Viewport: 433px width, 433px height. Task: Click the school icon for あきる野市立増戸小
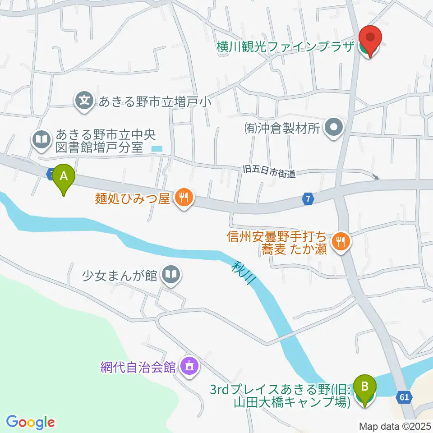pyautogui.click(x=84, y=100)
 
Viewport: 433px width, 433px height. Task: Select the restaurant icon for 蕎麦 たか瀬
pyautogui.click(x=340, y=242)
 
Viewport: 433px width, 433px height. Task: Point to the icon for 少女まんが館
pyautogui.click(x=171, y=274)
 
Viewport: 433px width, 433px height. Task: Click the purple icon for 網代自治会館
pyautogui.click(x=189, y=366)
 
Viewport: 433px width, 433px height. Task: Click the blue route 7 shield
pyautogui.click(x=308, y=198)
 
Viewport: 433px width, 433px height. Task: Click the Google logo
pyautogui.click(x=30, y=422)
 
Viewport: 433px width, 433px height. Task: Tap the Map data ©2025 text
pyautogui.click(x=396, y=426)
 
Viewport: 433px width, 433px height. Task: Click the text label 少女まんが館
pyautogui.click(x=119, y=274)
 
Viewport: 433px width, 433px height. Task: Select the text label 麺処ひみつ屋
pyautogui.click(x=132, y=198)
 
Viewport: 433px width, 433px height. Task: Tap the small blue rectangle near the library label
pyautogui.click(x=157, y=148)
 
